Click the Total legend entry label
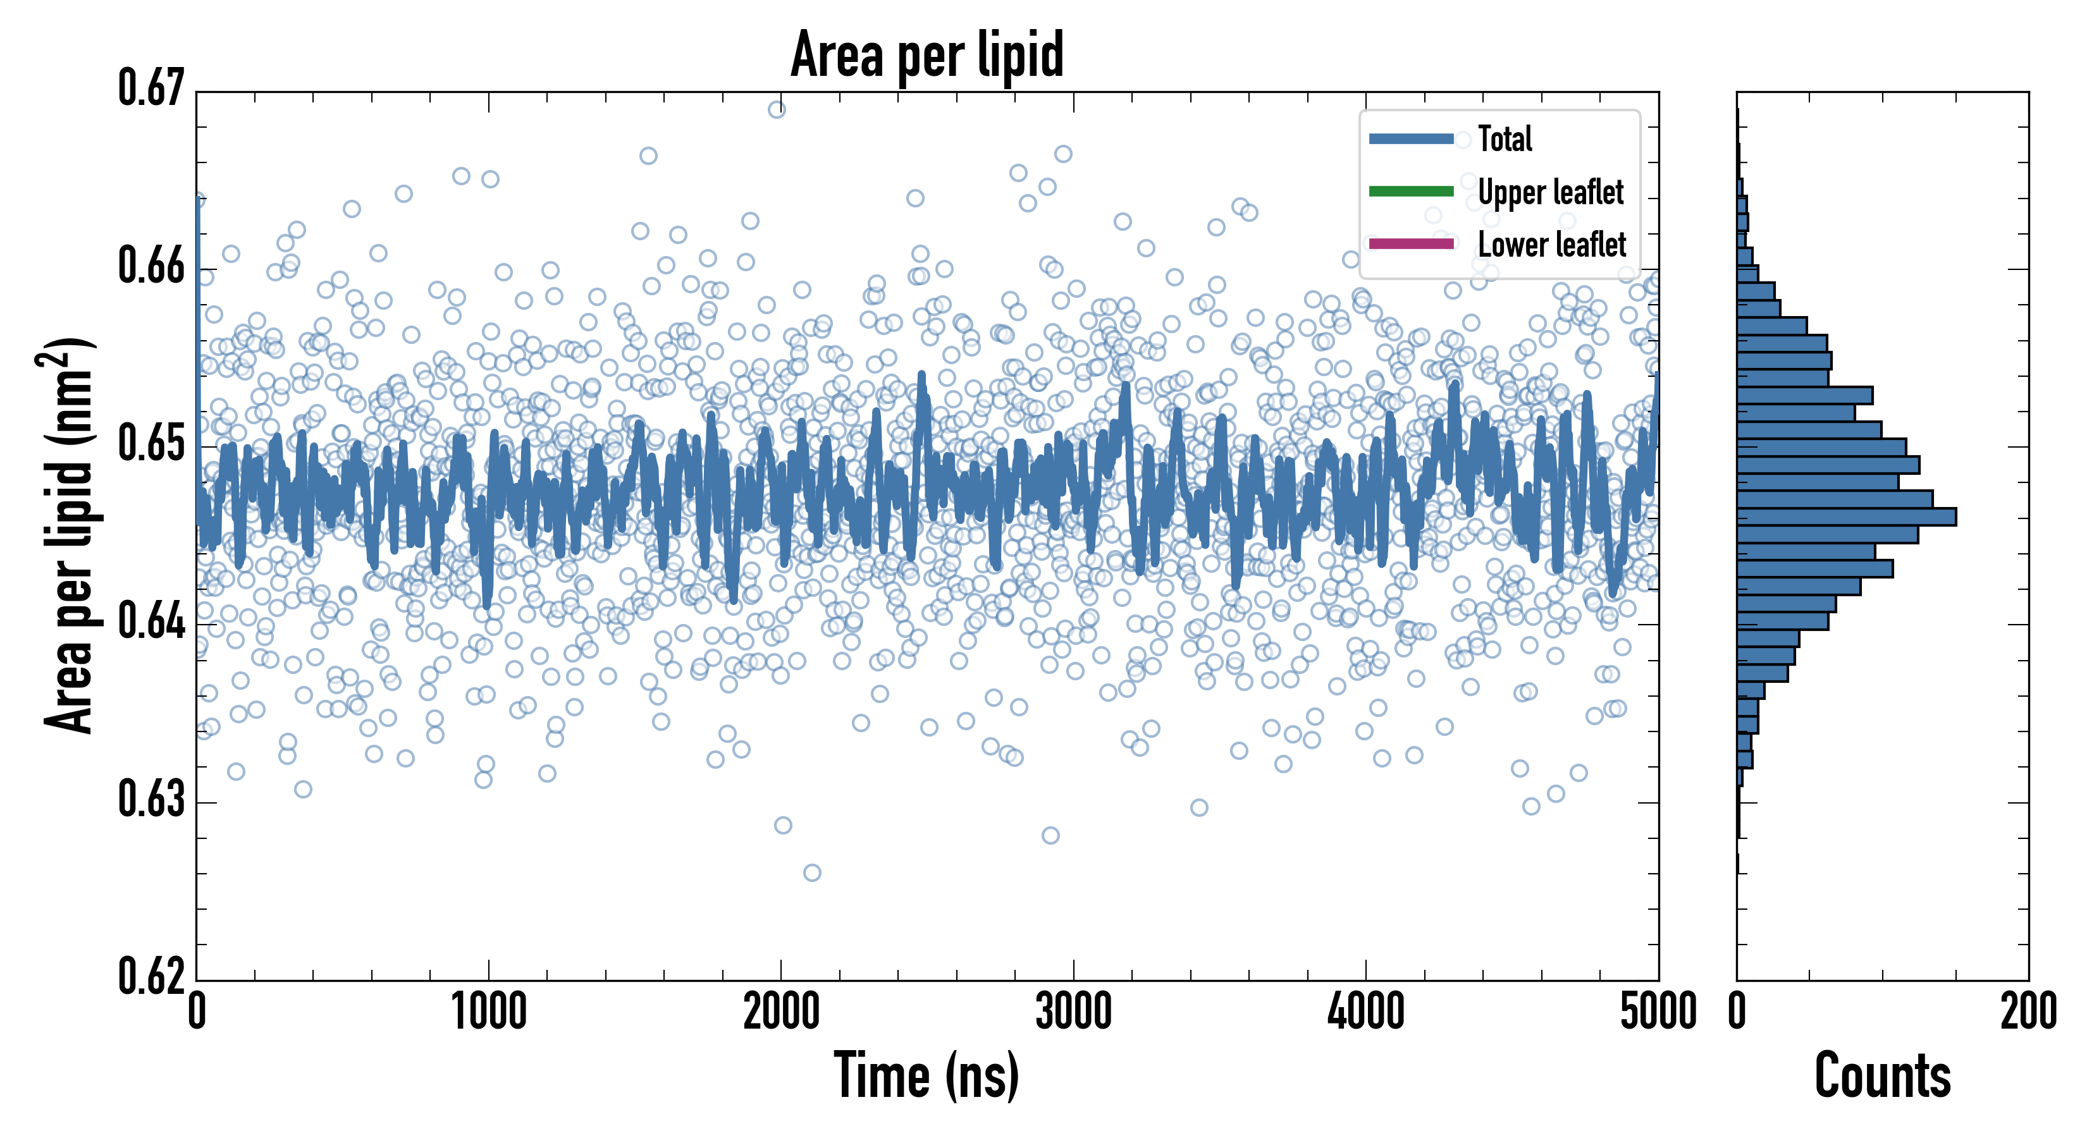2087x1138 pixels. coord(1505,138)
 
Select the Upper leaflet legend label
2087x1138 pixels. coord(1550,192)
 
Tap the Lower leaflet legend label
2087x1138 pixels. coord(1551,245)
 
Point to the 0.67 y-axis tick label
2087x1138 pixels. coord(152,89)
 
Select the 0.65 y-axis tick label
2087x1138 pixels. coord(152,444)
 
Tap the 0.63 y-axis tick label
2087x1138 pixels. coord(152,799)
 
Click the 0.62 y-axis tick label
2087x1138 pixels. coord(152,976)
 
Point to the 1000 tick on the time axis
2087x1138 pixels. coord(488,1012)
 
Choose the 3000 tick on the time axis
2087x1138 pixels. coord(1073,1012)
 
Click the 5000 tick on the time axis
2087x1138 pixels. coord(1658,1012)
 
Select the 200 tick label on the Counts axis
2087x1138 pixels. coord(2028,1012)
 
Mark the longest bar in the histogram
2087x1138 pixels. coord(1847,517)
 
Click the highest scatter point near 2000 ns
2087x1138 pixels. coord(776,109)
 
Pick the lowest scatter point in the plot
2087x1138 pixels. coord(812,872)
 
